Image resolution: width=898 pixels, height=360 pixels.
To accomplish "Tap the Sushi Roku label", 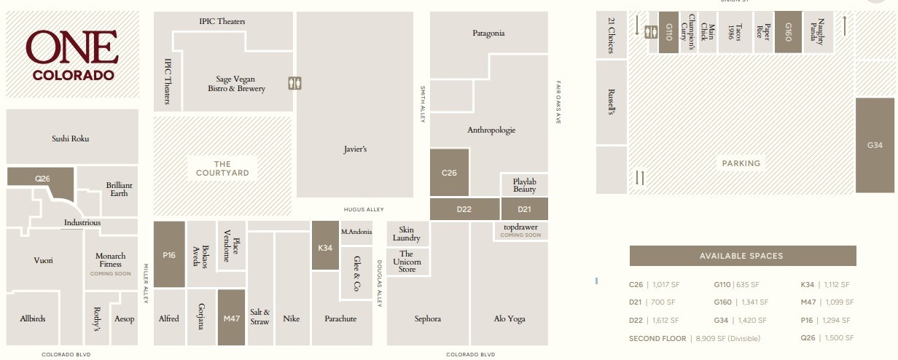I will [71, 138].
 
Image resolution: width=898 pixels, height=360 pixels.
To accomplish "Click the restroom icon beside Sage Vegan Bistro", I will [294, 82].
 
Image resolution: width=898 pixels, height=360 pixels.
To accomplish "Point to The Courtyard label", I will [222, 168].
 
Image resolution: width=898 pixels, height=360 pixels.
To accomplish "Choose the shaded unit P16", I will [169, 255].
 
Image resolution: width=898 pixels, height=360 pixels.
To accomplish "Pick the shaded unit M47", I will [232, 318].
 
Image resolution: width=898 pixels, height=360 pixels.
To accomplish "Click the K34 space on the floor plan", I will [325, 247].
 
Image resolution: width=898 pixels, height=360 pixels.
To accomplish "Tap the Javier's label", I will [355, 149].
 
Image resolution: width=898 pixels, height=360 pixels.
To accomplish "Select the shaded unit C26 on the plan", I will [449, 173].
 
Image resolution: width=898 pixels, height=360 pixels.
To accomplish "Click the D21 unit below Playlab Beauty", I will [524, 209].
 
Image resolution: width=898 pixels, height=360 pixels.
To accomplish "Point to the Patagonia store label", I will [488, 34].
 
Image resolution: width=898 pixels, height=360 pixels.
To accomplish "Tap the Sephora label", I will [428, 318].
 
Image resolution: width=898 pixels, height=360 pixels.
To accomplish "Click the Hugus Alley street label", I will [364, 210].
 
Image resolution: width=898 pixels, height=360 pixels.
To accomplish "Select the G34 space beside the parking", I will [875, 146].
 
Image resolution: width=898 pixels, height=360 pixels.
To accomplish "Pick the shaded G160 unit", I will [788, 32].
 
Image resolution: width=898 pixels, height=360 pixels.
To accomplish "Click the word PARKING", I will [741, 163].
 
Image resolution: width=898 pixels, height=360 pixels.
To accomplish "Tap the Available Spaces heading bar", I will [741, 256].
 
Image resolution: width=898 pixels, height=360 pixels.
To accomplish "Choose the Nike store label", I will [292, 318].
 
